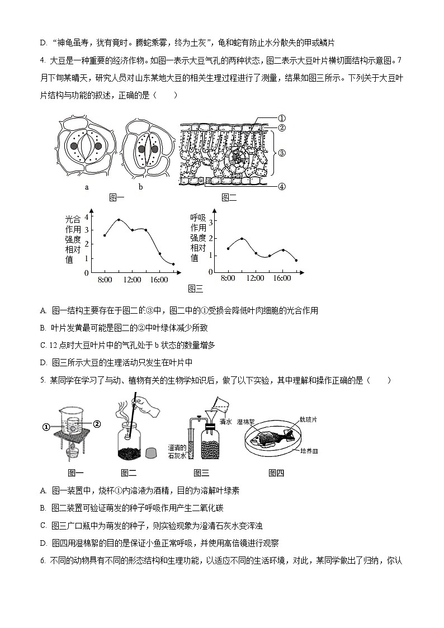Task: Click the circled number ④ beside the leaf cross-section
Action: point(282,187)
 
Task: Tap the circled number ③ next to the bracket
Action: point(282,152)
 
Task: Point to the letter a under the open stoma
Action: point(87,187)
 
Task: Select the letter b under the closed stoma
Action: point(140,187)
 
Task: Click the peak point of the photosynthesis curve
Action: point(119,220)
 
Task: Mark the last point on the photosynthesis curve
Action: point(173,264)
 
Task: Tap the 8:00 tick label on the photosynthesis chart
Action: point(105,280)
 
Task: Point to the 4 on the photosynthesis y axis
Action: point(87,217)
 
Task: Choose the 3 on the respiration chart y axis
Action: point(211,223)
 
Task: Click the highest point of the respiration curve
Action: point(242,239)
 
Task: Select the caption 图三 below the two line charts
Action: point(196,289)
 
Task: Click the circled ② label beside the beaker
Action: point(97,424)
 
